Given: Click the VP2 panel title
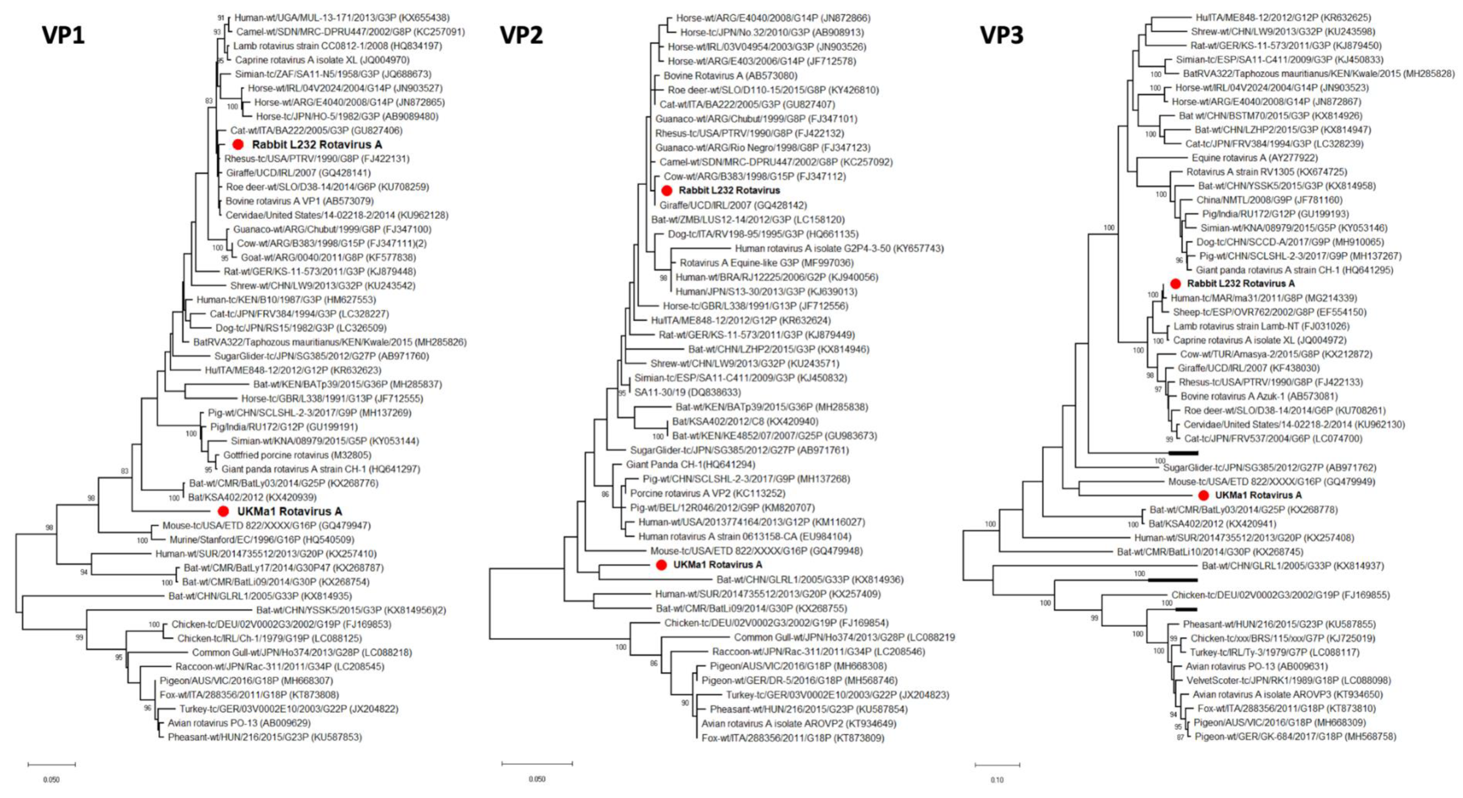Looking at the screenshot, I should (x=521, y=35).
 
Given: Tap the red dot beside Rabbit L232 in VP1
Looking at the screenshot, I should (x=238, y=145).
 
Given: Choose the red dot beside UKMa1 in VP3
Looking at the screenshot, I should (x=1203, y=495).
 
